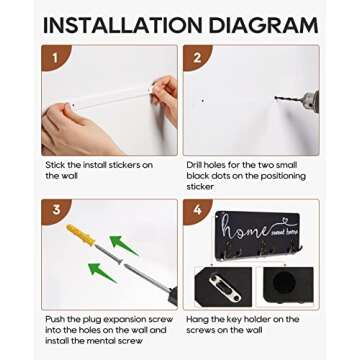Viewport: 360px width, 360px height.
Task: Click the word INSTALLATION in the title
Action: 122,24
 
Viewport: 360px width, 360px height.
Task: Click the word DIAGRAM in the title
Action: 263,24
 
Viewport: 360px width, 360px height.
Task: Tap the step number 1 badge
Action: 55,57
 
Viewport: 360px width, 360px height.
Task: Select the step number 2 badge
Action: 197,57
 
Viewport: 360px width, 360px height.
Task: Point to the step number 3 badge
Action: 55,211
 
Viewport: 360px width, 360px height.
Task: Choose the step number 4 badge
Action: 197,211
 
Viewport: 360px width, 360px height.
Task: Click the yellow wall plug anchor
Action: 81,235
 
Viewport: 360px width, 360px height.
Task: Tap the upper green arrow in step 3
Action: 124,245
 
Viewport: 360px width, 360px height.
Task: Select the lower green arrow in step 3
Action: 102,272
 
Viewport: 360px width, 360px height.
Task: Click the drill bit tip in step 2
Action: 276,98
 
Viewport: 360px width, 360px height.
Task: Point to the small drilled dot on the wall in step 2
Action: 203,100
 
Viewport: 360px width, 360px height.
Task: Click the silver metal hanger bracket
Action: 225,288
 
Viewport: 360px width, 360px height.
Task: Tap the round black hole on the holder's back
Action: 284,282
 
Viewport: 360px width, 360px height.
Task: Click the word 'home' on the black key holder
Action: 245,228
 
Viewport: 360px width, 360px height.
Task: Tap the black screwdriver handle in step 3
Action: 173,296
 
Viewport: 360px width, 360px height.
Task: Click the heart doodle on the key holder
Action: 285,220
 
